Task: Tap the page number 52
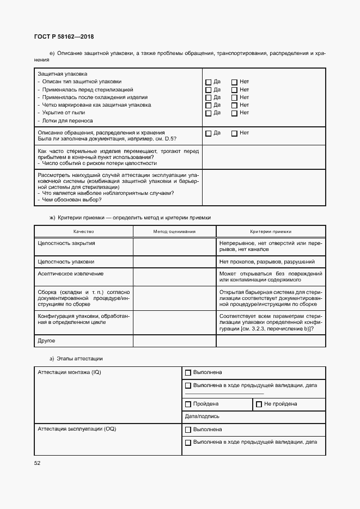tap(37, 463)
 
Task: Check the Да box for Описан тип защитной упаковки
tap(208, 82)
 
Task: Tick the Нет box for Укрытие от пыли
tap(234, 113)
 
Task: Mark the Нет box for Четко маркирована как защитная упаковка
tap(234, 106)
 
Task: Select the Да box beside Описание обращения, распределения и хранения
tap(208, 133)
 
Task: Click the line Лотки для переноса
tap(67, 121)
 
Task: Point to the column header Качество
tap(83, 231)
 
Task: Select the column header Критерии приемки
tap(271, 231)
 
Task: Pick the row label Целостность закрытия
tap(66, 243)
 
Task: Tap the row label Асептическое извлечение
tap(70, 274)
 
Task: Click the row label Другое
tap(46, 341)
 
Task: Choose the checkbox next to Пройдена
tap(188, 404)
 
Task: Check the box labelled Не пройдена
tap(259, 404)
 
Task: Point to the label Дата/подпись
tap(202, 416)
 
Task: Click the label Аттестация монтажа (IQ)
tap(69, 372)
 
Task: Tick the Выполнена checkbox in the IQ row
tap(188, 373)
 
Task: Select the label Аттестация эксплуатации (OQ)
tap(77, 429)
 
